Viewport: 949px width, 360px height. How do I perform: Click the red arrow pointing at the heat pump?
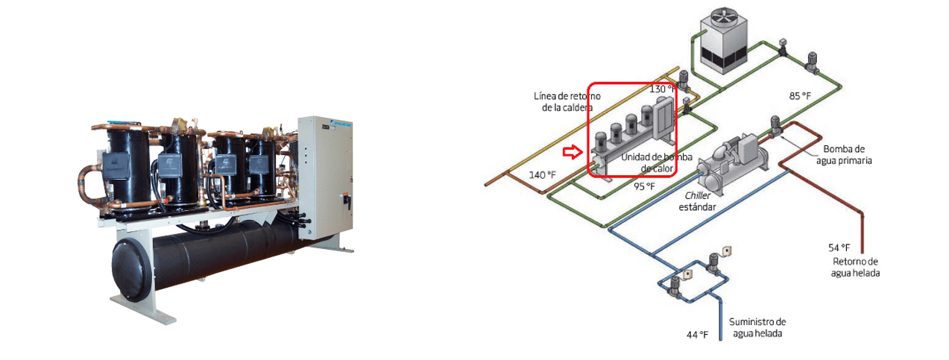[573, 151]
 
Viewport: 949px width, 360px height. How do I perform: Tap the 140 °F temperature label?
[542, 175]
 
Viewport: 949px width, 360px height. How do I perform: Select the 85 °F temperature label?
[800, 96]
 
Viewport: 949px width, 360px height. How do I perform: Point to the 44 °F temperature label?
[697, 335]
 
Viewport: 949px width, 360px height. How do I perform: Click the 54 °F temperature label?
[839, 247]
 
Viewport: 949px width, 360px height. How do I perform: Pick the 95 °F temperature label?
[644, 186]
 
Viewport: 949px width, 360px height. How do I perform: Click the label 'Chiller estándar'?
[697, 201]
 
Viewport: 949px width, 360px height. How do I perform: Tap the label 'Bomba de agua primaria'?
[844, 154]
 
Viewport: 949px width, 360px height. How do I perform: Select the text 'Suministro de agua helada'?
[757, 327]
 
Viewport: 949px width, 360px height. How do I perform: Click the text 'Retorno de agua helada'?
[855, 268]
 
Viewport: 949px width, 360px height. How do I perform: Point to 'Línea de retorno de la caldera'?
[567, 101]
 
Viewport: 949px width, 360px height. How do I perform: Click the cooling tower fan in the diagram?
[723, 18]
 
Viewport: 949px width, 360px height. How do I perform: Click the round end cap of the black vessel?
[131, 269]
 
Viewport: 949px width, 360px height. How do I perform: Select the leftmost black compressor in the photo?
[126, 166]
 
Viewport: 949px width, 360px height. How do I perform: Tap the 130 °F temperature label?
[662, 89]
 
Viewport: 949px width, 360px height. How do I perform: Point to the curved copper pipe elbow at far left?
[89, 185]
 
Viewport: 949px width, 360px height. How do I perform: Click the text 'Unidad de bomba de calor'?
[656, 162]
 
